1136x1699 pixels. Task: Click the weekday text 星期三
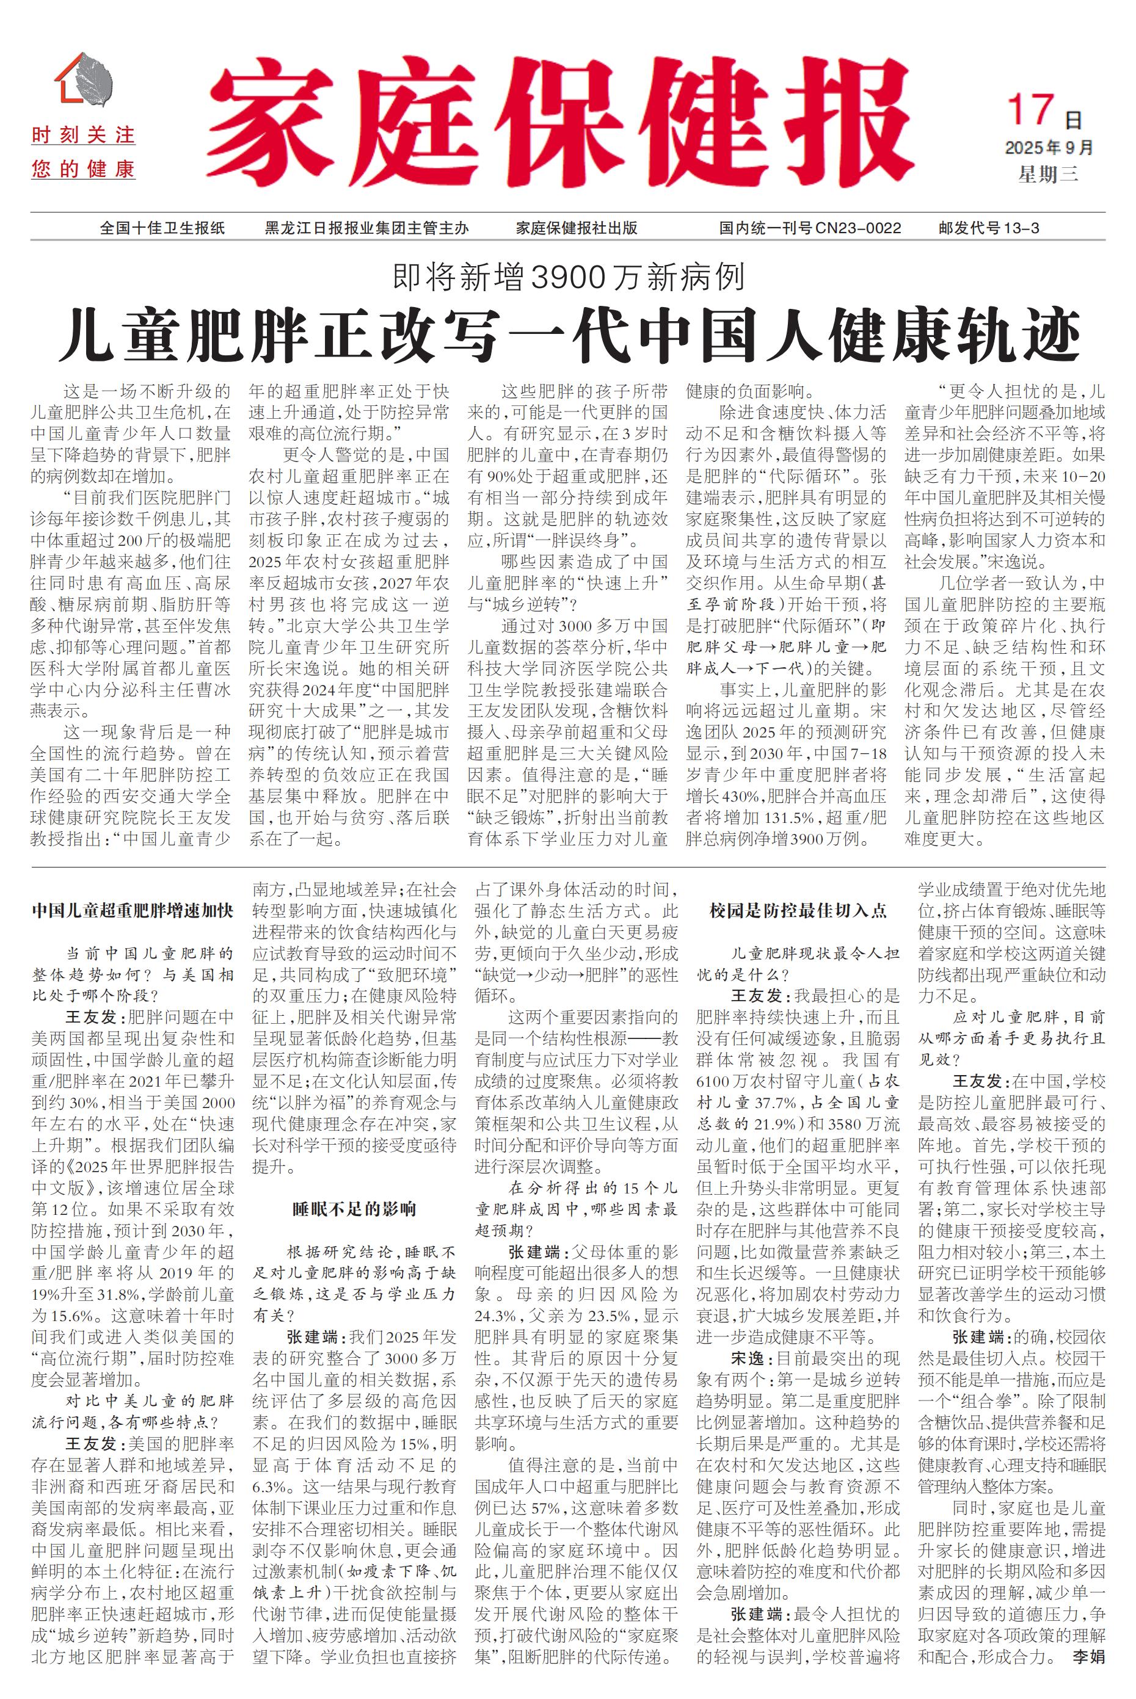pos(1047,174)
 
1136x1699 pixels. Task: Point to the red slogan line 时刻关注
pos(83,136)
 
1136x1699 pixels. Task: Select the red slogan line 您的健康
pos(83,170)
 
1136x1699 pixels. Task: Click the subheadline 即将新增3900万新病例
pos(568,277)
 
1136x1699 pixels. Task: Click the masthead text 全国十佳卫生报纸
pos(162,228)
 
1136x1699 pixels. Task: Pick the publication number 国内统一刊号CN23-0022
pos(809,228)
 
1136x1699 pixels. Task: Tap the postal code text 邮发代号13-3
pos(988,228)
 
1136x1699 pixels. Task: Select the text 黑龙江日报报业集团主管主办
pos(366,228)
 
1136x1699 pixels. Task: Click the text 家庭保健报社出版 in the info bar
pos(576,228)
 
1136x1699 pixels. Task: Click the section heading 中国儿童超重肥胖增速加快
pos(133,911)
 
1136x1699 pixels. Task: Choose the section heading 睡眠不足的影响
pos(354,1209)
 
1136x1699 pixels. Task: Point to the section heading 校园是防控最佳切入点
pos(798,911)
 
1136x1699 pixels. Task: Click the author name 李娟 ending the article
pos(1088,1671)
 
